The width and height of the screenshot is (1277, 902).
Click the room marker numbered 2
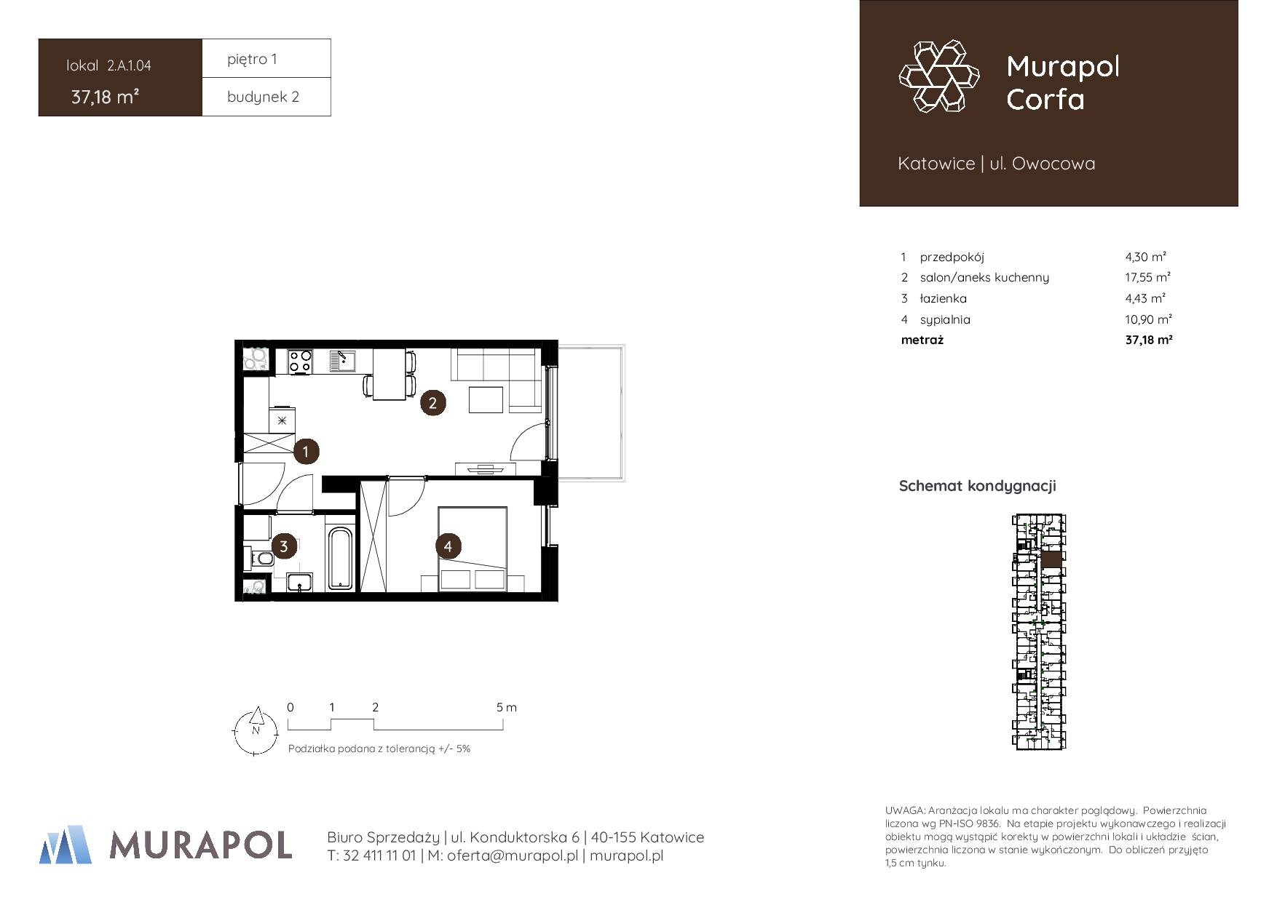click(x=432, y=402)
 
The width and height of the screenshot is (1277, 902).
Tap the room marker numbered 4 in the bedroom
click(x=448, y=546)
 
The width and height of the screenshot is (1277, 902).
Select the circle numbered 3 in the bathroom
click(x=283, y=546)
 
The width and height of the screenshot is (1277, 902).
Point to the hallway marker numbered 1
click(x=306, y=452)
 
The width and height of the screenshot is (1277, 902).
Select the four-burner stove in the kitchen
click(x=301, y=362)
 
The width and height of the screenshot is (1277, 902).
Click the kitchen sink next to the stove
click(x=341, y=362)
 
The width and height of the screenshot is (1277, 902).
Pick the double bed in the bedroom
click(x=473, y=548)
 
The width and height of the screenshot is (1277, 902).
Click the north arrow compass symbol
click(x=256, y=731)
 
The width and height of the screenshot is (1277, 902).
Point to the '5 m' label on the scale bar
click(x=507, y=707)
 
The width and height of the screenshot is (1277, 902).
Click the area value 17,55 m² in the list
click(x=1148, y=277)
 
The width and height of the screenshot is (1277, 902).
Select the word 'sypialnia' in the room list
click(x=945, y=319)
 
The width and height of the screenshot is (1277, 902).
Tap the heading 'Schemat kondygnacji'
click(x=977, y=486)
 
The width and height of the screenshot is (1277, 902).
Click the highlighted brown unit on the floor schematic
click(x=1051, y=559)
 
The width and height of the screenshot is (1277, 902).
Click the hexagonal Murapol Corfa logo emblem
click(x=940, y=76)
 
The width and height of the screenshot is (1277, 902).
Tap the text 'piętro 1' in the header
click(x=252, y=59)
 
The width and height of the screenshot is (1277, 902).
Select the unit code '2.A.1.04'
click(x=129, y=65)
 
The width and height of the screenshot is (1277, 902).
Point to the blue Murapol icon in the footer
click(x=66, y=845)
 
